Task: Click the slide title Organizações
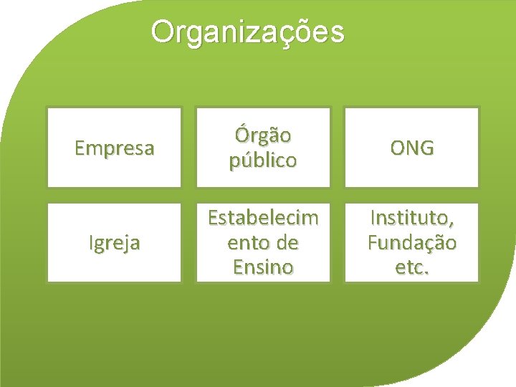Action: (247, 32)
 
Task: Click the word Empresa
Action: (114, 148)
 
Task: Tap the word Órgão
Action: (262, 135)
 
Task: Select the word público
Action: (262, 161)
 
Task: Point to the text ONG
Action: (411, 148)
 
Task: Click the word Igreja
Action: (114, 244)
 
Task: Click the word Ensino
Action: (262, 267)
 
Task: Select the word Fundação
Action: (411, 244)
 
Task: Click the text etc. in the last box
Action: (411, 267)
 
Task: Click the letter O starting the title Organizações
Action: (163, 32)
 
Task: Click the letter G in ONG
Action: (426, 148)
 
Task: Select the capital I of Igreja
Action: (91, 243)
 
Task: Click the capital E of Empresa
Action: (80, 148)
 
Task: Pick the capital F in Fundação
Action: (373, 244)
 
